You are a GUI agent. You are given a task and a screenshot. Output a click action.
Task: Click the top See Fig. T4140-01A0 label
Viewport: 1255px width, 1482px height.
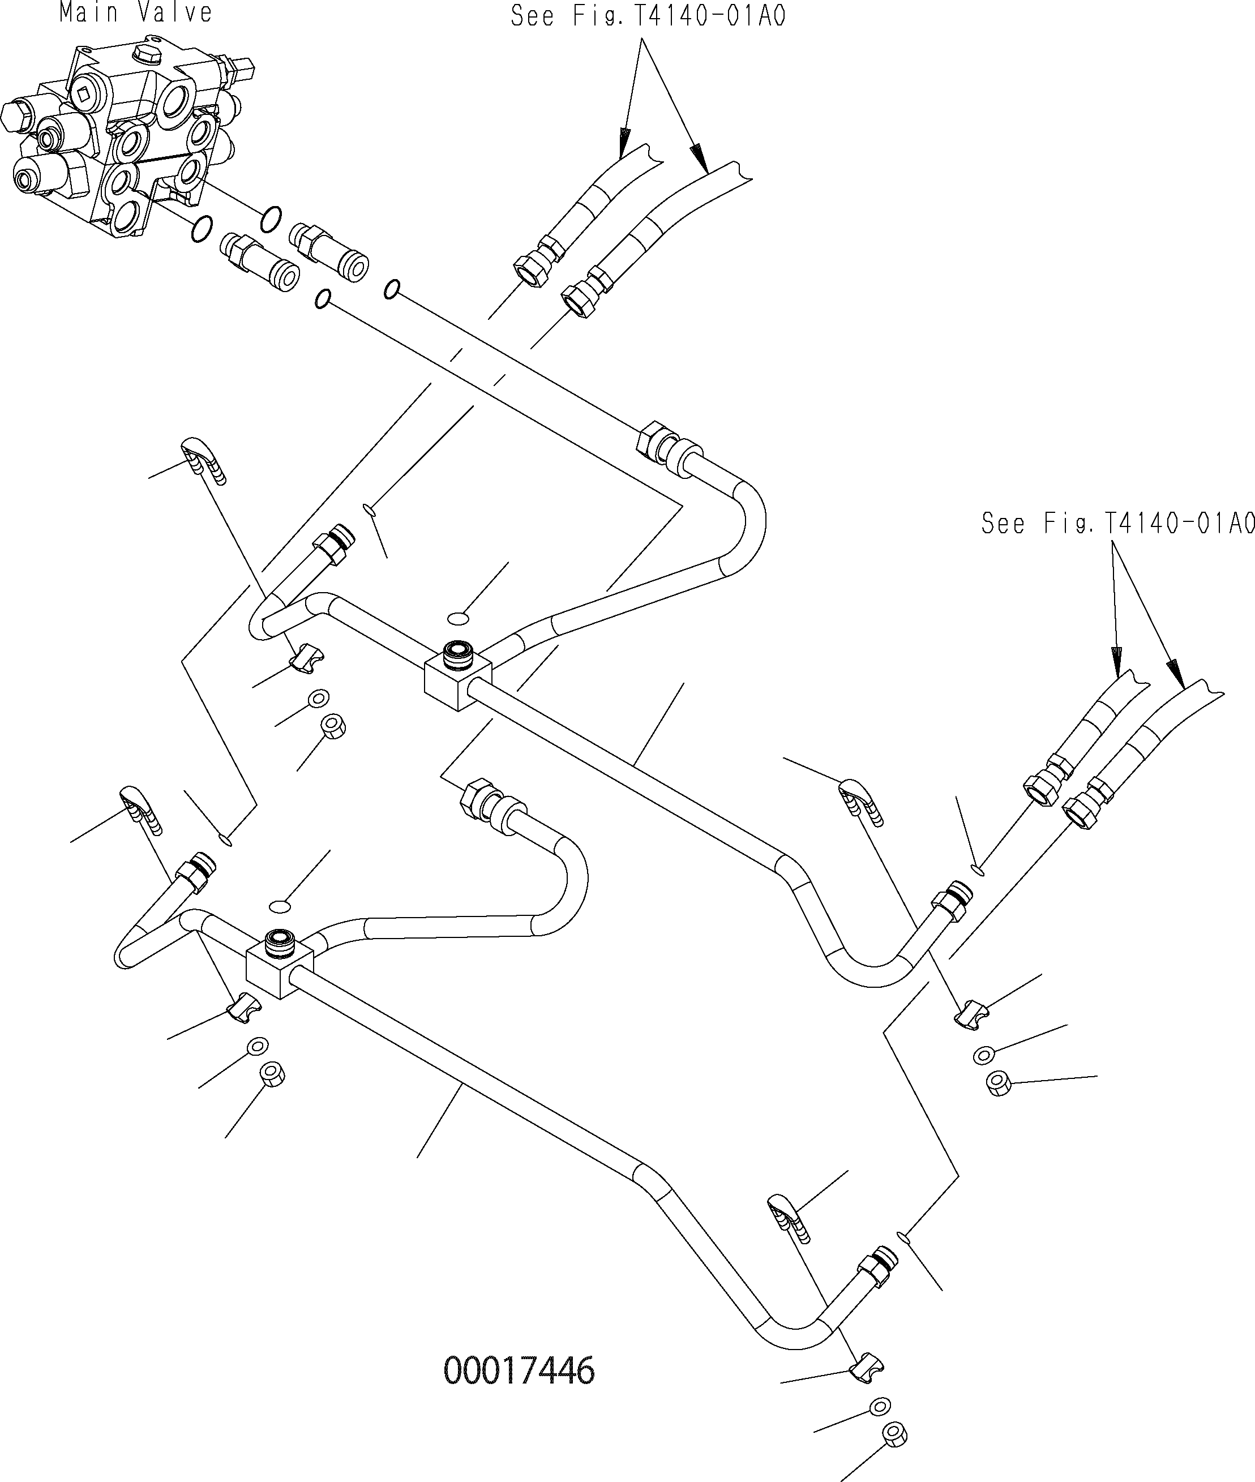click(x=648, y=16)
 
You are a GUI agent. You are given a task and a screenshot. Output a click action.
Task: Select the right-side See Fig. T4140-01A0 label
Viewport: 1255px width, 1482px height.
click(x=1117, y=524)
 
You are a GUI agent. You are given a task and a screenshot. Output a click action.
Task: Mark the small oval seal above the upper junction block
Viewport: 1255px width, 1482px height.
click(x=459, y=618)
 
